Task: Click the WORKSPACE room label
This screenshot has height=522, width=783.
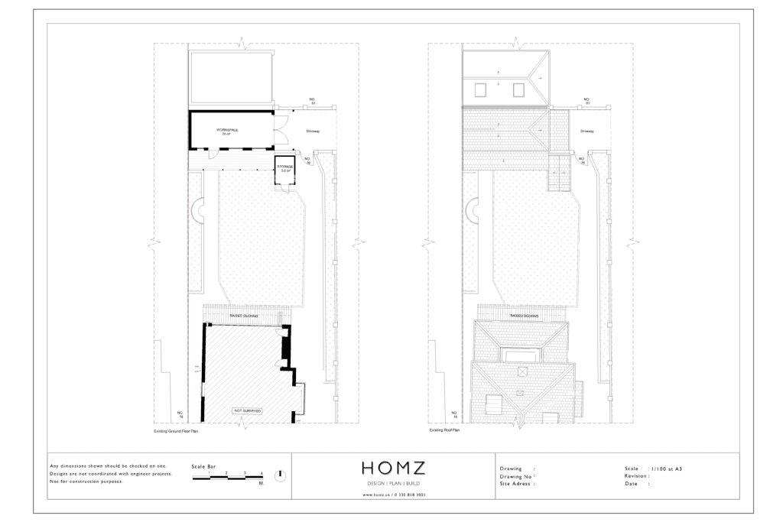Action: (x=227, y=130)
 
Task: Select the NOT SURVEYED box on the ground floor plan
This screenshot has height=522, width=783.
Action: (x=247, y=411)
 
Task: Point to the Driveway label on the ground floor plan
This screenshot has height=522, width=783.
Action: (x=313, y=131)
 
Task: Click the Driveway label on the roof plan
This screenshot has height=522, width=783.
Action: (x=586, y=131)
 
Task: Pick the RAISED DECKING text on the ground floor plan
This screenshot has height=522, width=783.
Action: (x=244, y=315)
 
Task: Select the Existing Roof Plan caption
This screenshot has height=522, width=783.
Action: (x=444, y=431)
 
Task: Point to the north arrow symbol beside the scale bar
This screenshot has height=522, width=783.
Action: (x=280, y=475)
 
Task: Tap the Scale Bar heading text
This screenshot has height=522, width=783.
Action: (x=204, y=465)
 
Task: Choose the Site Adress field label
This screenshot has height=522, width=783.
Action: (x=517, y=484)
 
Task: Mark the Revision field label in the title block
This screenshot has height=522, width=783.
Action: (x=637, y=475)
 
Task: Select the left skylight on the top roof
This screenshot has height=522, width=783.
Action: (x=480, y=89)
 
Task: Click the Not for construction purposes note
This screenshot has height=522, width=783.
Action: (x=86, y=481)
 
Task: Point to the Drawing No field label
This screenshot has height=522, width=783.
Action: (x=517, y=475)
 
